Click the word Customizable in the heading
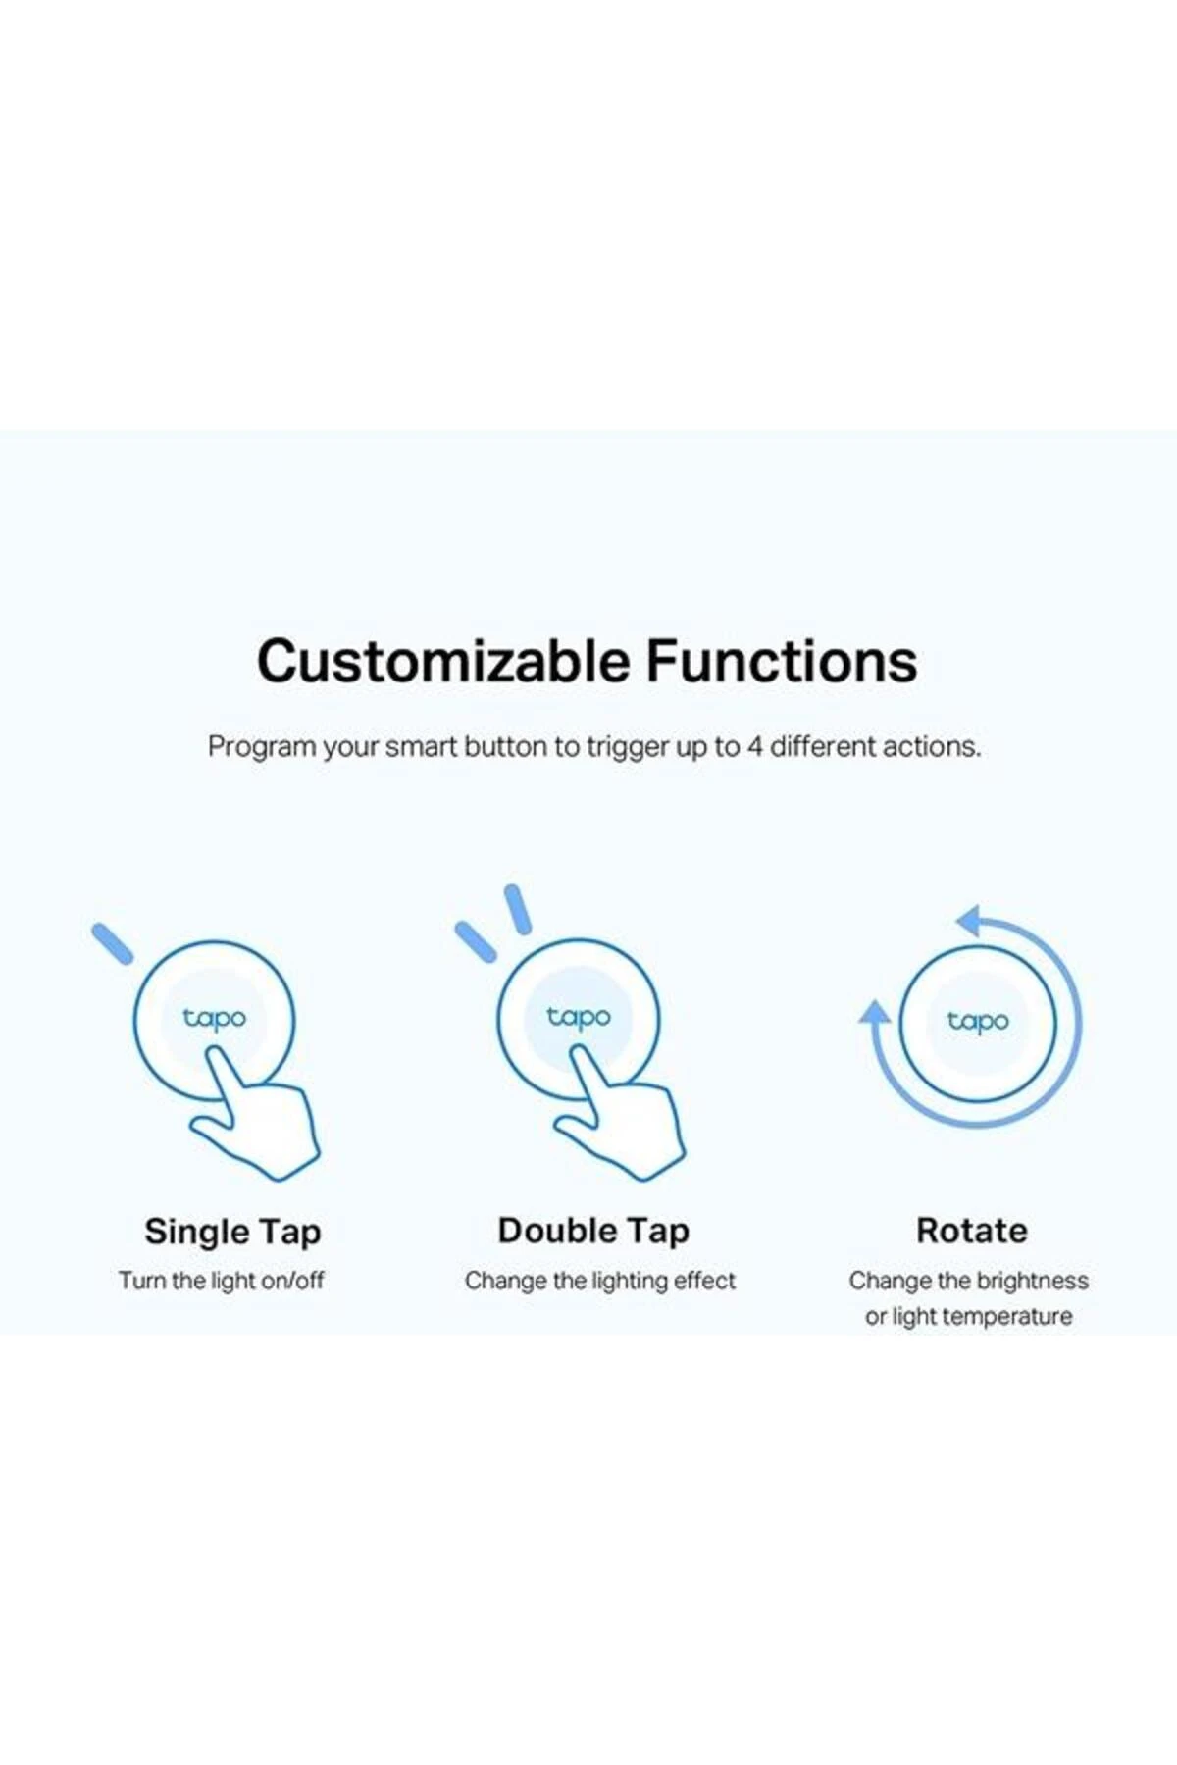coord(443,661)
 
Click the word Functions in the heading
coord(782,661)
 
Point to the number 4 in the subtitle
coord(754,747)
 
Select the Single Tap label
coord(232,1233)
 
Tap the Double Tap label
coord(593,1232)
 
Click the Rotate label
coord(972,1231)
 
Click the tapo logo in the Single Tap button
coord(214,1019)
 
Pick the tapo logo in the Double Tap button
coord(579,1018)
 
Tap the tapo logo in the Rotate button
coord(978,1022)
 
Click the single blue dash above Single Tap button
coord(112,943)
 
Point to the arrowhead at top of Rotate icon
coord(971,921)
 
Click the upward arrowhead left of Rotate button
coord(874,1013)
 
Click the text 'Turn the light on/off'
coord(222,1281)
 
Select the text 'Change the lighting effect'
coord(600,1281)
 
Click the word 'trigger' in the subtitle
coord(628,748)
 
